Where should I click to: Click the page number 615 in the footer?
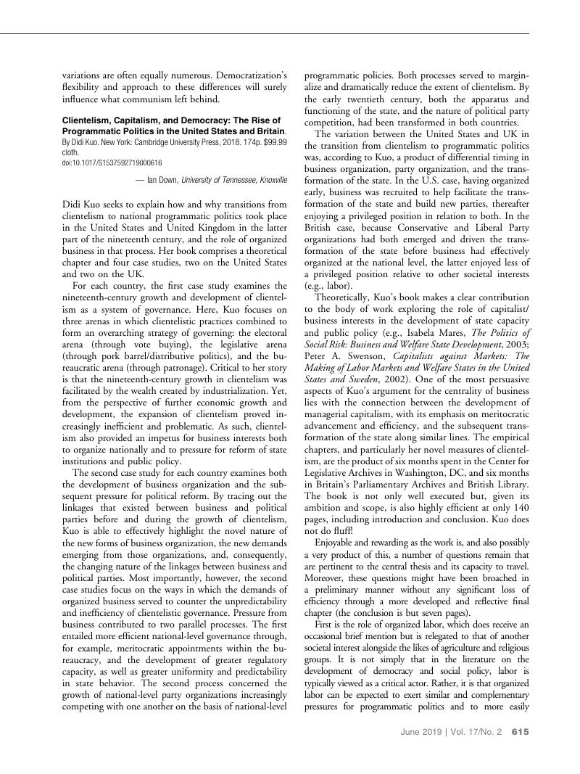pos(520,732)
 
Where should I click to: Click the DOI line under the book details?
pos(112,163)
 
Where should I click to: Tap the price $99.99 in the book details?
pos(273,143)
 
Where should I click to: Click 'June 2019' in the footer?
pos(419,732)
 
